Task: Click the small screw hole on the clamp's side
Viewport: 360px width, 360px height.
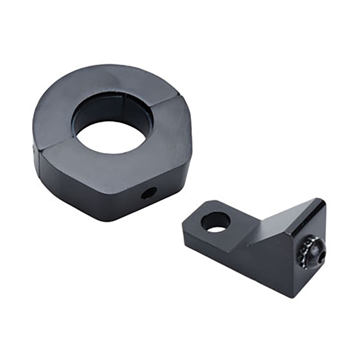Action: [149, 193]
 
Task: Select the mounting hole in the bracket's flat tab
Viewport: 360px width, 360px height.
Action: [215, 222]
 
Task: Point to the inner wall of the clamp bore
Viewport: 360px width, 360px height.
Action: [108, 108]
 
